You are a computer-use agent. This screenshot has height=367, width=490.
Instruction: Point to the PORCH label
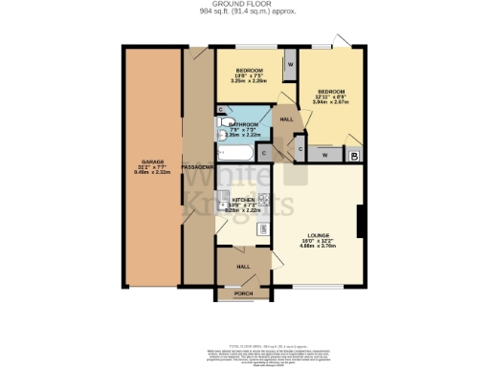243,293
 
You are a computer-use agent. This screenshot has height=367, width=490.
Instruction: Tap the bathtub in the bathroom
234,153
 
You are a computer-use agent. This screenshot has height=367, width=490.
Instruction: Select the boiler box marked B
354,156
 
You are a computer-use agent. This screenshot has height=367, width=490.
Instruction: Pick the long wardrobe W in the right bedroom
325,155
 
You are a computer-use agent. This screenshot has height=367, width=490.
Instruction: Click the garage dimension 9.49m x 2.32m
152,173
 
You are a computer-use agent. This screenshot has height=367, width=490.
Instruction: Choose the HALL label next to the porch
243,267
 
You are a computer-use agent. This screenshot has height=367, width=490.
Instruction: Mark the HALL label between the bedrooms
286,119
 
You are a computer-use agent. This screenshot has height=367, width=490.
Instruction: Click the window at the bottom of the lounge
320,286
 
